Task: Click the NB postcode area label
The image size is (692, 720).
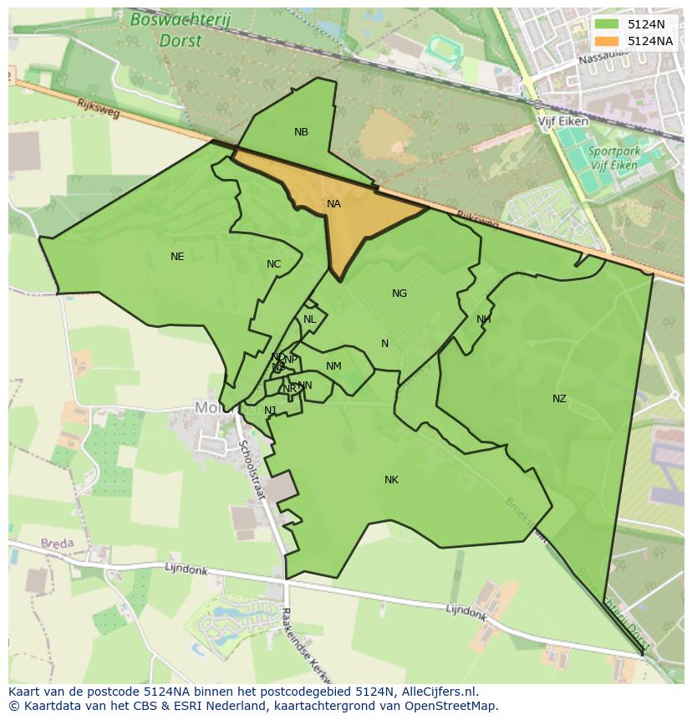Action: [x=301, y=132]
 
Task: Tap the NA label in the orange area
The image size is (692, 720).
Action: [x=333, y=204]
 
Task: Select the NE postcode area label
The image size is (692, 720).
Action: [x=177, y=257]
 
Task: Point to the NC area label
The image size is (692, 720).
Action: [x=273, y=264]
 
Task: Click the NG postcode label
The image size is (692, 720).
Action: [x=399, y=294]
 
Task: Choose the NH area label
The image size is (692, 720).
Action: [x=483, y=319]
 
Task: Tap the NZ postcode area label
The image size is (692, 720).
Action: [x=559, y=399]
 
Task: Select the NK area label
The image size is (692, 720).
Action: [x=391, y=480]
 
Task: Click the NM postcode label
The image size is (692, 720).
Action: [x=333, y=366]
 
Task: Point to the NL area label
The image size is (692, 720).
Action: [x=309, y=319]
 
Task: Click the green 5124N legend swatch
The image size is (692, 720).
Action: [x=607, y=24]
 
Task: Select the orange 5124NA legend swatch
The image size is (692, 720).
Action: [x=607, y=41]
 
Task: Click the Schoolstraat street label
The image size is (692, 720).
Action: [x=252, y=471]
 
